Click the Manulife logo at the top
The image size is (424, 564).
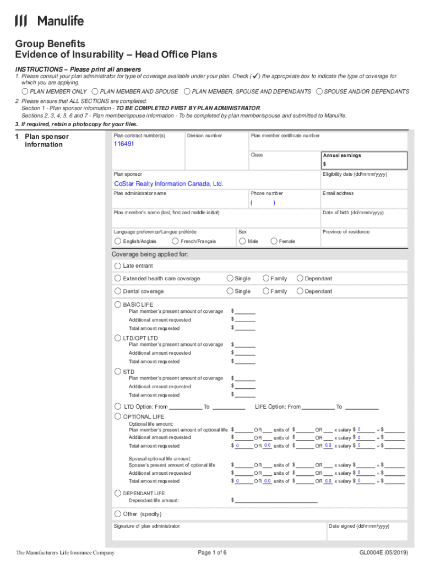(x=50, y=21)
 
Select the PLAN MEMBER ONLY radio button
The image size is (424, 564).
(x=25, y=91)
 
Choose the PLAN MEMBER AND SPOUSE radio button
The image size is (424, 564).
(x=95, y=91)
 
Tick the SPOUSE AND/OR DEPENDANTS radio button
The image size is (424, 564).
(x=319, y=91)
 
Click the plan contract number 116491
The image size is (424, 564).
(x=124, y=144)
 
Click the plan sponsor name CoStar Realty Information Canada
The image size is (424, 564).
(x=168, y=183)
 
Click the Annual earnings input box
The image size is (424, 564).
(x=365, y=164)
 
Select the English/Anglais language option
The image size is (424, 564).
(x=118, y=241)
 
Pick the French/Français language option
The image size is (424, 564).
(x=176, y=241)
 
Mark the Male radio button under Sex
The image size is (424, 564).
(x=242, y=241)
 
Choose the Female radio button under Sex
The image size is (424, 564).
(x=274, y=241)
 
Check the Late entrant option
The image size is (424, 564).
(x=118, y=265)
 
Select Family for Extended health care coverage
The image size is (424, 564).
(x=266, y=278)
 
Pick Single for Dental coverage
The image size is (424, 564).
(x=230, y=291)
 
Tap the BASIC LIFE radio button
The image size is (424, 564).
(x=118, y=304)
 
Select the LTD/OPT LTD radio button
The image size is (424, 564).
(x=118, y=338)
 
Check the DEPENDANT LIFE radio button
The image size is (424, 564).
(x=117, y=493)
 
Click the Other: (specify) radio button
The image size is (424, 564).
(x=118, y=513)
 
